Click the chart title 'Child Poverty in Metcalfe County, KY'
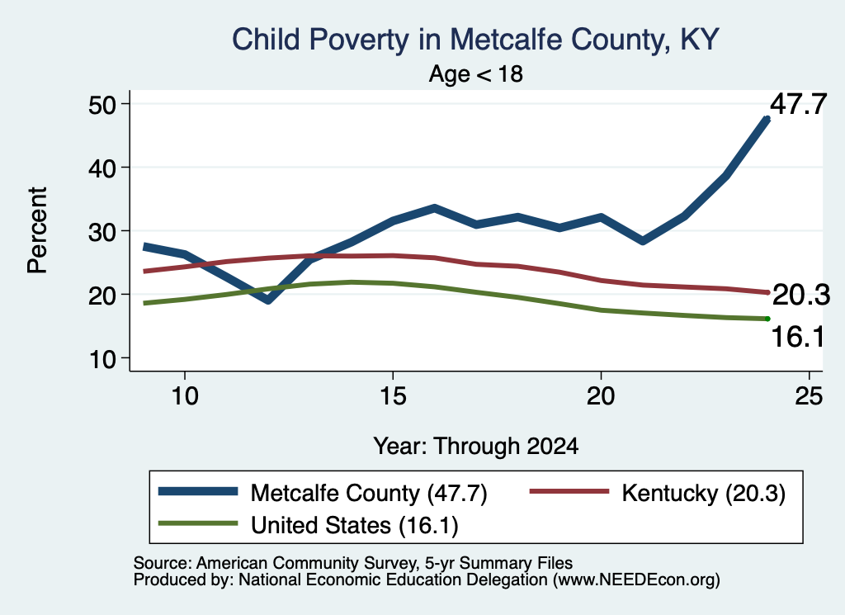tap(475, 40)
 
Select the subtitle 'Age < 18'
tap(476, 73)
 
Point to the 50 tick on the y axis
tap(101, 104)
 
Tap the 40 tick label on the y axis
tap(101, 168)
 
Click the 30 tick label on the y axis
tap(101, 231)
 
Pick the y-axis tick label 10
tap(101, 358)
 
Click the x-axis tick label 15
tap(393, 396)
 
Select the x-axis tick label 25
tap(809, 396)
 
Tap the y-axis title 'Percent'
tap(37, 230)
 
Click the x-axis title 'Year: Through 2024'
tap(476, 447)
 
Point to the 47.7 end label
tap(798, 104)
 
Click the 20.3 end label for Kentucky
tap(801, 295)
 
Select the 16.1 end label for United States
tap(798, 337)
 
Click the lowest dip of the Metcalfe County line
tap(268, 300)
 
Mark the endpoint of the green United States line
tap(767, 319)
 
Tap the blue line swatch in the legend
tap(198, 491)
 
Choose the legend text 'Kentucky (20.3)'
tap(703, 493)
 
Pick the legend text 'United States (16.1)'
tap(355, 525)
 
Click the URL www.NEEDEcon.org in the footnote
tap(636, 580)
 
